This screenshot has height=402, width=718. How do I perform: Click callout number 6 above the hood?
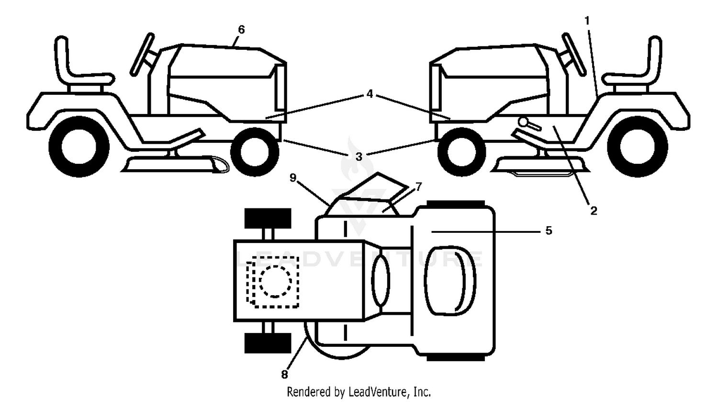point(241,30)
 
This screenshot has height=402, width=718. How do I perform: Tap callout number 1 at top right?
point(587,21)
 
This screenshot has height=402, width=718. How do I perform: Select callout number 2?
point(594,211)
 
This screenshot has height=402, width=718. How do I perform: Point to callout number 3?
point(359,157)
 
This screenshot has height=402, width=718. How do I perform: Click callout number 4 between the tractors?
point(370,94)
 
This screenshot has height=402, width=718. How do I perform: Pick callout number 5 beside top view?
point(549,230)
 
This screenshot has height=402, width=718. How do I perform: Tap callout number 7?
point(419,186)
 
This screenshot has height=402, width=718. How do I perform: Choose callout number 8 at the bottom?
point(284,374)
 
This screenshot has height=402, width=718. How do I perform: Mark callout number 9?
point(292,177)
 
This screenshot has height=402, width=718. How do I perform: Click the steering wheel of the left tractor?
point(142,54)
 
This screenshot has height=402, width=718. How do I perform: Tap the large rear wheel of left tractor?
point(79,147)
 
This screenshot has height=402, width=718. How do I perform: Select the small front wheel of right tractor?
point(462,152)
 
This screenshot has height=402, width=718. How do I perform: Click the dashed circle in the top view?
point(275,281)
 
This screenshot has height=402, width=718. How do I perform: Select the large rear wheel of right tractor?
point(638,147)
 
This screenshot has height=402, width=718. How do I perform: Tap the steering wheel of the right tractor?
point(574,54)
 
